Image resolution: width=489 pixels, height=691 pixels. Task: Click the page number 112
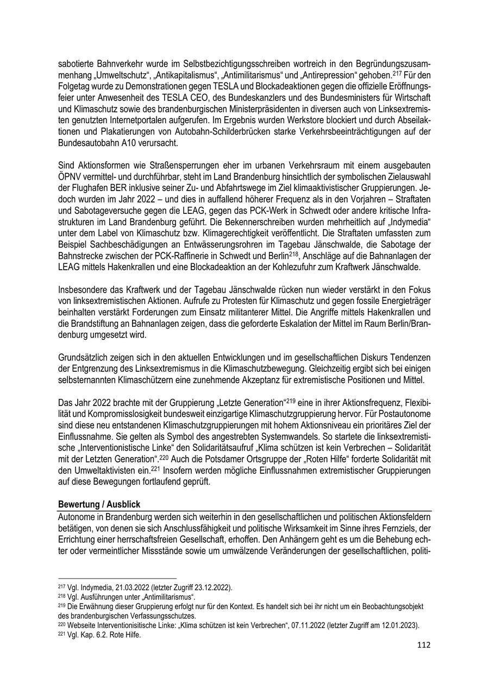pyautogui.click(x=424, y=645)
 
